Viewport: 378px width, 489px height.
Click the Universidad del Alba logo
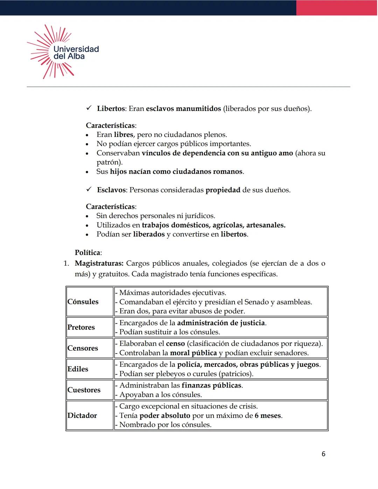63,52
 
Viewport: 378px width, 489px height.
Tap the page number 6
323,454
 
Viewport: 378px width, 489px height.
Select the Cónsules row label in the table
83,302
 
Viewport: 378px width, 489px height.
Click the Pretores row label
81,327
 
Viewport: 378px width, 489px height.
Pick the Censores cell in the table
83,348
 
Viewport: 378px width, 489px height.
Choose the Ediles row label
78,369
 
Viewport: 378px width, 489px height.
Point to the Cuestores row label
84,390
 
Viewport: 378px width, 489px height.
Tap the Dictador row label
82,415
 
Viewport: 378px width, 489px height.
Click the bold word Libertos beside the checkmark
111,109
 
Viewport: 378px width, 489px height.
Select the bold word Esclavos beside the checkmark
111,190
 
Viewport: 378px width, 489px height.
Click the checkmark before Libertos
89,108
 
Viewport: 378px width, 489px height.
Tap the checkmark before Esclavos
89,189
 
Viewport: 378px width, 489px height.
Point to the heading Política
88,253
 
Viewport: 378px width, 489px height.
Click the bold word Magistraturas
99,263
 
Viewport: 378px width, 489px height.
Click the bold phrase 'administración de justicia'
221,323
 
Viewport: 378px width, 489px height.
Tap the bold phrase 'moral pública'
193,353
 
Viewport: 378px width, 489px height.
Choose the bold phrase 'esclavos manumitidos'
183,109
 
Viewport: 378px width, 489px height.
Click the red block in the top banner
337,8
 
